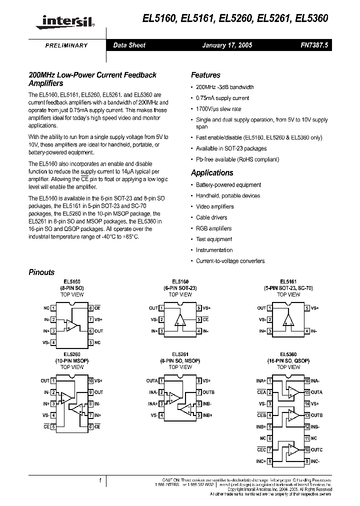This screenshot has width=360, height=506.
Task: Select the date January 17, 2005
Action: coord(227,45)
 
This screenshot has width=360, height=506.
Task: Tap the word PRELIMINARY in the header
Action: coord(66,45)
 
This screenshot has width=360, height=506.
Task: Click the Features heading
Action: coord(205,75)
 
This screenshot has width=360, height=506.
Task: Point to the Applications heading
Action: coord(212,172)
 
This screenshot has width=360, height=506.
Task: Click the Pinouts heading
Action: coord(41,272)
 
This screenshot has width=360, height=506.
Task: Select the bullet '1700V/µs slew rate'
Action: coord(218,109)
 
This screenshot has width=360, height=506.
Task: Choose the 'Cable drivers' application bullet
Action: coord(211,217)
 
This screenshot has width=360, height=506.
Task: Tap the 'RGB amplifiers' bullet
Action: coord(213,228)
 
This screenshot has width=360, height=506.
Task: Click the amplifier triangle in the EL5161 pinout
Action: coord(288,321)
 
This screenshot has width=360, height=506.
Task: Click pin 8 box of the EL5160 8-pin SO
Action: coord(90,308)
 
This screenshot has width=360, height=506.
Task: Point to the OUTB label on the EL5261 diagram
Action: coord(208,392)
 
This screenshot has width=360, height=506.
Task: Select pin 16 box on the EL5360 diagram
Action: coord(307,381)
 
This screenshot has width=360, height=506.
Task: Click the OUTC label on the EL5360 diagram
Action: coord(316,450)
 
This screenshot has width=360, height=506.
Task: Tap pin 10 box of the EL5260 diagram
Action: coord(90,381)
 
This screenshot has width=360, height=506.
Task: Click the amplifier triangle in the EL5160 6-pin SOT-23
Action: coord(180,321)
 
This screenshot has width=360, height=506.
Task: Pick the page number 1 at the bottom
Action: coord(100,480)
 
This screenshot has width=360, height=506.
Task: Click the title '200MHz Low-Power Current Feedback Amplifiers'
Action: coord(92,79)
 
